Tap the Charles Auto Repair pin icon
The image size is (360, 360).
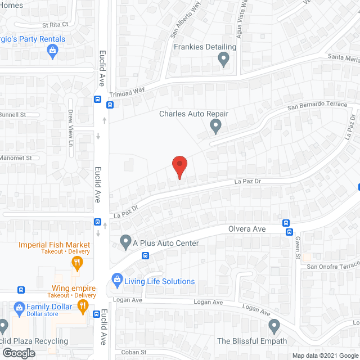[215, 128]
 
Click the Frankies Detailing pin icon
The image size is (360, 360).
[224, 60]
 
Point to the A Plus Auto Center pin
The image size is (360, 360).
[125, 242]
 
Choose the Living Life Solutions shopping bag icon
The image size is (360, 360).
[116, 278]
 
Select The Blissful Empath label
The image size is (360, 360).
[252, 341]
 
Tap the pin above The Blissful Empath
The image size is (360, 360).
[274, 326]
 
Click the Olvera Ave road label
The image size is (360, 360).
[247, 229]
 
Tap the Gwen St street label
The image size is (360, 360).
[296, 247]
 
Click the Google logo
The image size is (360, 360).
[18, 353]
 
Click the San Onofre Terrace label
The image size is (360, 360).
[331, 267]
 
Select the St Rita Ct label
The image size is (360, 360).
[55, 25]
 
